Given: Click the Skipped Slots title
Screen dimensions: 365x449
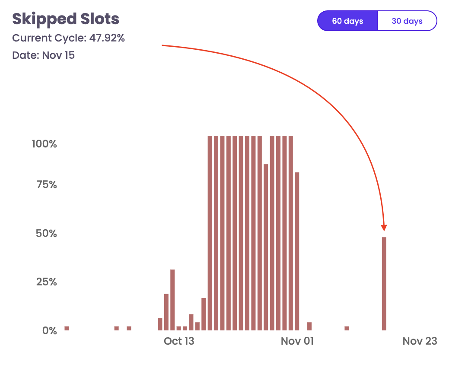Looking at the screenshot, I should pyautogui.click(x=66, y=19).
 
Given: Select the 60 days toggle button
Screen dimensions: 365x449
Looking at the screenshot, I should pyautogui.click(x=347, y=21).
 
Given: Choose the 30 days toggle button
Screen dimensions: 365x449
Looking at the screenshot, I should pyautogui.click(x=407, y=21).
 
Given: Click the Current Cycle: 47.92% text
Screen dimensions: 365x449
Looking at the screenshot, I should pyautogui.click(x=68, y=38).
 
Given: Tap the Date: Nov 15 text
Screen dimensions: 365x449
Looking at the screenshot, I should pyautogui.click(x=43, y=55).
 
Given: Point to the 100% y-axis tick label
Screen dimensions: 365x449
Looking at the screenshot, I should pyautogui.click(x=45, y=144).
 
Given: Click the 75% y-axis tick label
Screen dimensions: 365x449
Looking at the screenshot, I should pyautogui.click(x=47, y=185).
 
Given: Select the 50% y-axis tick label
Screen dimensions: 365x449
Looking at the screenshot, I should pyautogui.click(x=47, y=234).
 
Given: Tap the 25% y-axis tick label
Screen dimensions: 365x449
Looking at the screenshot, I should pyautogui.click(x=47, y=282).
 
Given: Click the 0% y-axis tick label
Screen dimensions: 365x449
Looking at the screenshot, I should pyautogui.click(x=49, y=330).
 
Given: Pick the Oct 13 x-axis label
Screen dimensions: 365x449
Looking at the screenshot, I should pyautogui.click(x=179, y=341).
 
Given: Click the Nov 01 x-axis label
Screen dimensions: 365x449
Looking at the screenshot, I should pyautogui.click(x=297, y=341).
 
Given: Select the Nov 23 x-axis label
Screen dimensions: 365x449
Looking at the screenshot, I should pyautogui.click(x=420, y=341).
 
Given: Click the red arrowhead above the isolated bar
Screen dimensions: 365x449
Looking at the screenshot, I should pyautogui.click(x=384, y=228).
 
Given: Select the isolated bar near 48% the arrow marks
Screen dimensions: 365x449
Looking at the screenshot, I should pyautogui.click(x=384, y=284).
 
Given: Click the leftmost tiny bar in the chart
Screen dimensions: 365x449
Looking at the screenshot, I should pyautogui.click(x=67, y=328).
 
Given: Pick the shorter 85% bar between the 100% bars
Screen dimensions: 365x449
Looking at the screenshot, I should pyautogui.click(x=266, y=247).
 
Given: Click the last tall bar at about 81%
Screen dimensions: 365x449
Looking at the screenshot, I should pyautogui.click(x=297, y=251).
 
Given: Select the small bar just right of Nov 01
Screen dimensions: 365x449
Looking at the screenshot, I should pyautogui.click(x=309, y=326).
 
